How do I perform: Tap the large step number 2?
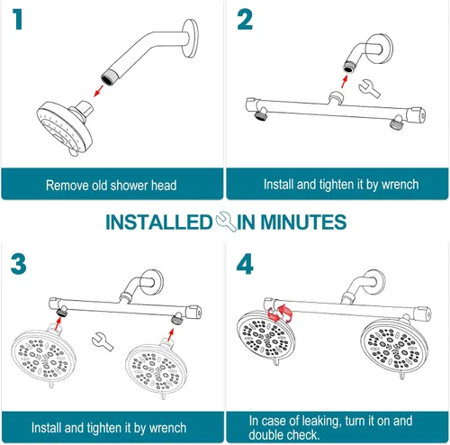245,20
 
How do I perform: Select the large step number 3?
18,264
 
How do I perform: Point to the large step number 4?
245,264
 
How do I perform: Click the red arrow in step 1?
98,91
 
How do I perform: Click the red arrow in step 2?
345,81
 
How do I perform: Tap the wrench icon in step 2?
369,88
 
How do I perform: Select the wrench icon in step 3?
103,341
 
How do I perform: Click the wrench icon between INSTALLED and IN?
225,222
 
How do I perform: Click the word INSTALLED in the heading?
159,222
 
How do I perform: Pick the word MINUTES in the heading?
303,222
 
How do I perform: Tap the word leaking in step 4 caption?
321,422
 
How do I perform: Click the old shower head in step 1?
65,127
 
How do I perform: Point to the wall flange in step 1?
191,38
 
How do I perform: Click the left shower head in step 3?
43,356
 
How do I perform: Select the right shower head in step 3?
156,368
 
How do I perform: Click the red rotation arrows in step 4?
280,314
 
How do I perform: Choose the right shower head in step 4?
394,349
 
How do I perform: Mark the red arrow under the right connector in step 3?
171,335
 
